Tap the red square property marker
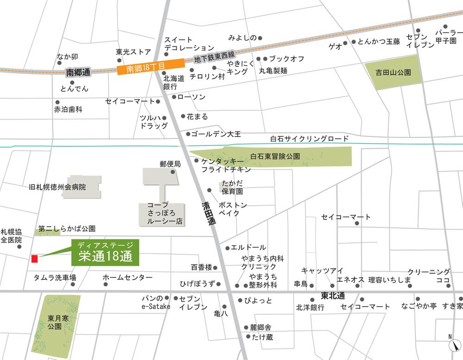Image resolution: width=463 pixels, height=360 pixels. click(x=34, y=259)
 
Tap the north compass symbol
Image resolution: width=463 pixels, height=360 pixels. click(x=454, y=345)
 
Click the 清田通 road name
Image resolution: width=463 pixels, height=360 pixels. click(x=209, y=214)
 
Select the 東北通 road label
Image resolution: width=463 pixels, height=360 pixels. click(x=332, y=296)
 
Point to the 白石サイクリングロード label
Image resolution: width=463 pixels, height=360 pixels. click(x=309, y=139)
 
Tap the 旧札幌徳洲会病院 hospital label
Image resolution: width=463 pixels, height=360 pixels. click(x=57, y=188)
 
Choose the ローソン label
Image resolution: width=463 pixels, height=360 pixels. click(x=191, y=97)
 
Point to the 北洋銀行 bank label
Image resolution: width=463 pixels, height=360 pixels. click(x=310, y=307)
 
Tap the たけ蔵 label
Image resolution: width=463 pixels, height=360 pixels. click(x=262, y=337)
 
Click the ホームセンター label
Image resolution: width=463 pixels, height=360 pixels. click(x=127, y=277)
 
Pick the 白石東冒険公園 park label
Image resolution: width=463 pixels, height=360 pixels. click(x=275, y=157)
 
